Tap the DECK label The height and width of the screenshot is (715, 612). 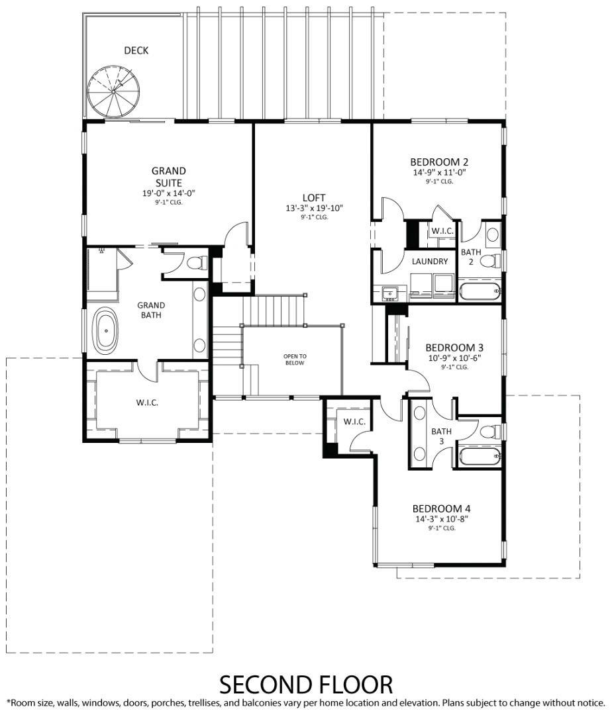136,50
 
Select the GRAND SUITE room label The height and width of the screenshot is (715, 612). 168,177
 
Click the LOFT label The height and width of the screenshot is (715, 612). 313,197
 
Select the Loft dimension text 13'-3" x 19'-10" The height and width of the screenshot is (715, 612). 313,208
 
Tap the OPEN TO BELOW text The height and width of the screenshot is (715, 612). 295,359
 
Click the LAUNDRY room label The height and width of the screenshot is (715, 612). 430,262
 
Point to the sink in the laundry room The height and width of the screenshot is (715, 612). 389,291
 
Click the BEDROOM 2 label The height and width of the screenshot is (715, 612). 439,162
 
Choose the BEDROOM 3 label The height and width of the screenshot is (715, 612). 454,348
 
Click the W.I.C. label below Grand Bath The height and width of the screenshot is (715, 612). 147,403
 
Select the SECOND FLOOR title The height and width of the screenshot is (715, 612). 305,683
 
